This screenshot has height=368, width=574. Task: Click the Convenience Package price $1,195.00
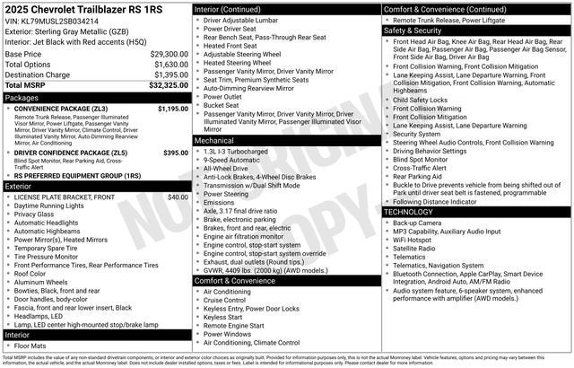173,109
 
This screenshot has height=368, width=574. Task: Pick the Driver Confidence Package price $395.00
176,153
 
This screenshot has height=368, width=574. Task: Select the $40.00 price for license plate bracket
178,197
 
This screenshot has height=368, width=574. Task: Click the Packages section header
22,97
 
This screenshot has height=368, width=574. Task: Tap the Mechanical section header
215,141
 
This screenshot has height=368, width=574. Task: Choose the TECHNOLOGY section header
413,212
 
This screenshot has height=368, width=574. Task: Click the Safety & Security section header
416,30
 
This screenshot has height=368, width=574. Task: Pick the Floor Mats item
32,345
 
